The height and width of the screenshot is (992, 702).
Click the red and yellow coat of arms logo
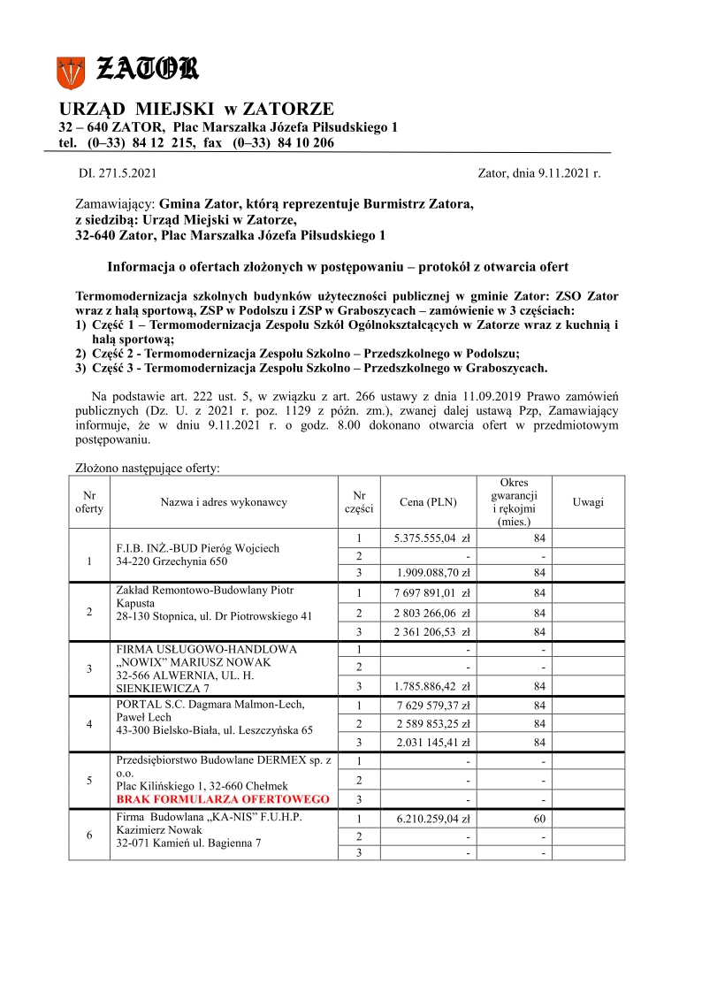click(70, 72)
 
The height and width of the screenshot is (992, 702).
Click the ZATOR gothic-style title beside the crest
click(146, 69)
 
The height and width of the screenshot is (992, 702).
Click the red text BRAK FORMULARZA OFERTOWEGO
click(223, 799)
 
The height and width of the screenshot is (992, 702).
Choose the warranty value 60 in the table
click(539, 818)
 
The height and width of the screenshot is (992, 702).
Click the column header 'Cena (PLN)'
click(428, 502)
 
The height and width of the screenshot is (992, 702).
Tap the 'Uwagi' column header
click(588, 502)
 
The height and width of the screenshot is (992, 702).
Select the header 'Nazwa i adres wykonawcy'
click(223, 502)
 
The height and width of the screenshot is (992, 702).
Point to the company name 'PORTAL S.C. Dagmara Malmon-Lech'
click(210, 704)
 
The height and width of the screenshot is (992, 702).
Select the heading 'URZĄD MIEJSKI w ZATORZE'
click(196, 109)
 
